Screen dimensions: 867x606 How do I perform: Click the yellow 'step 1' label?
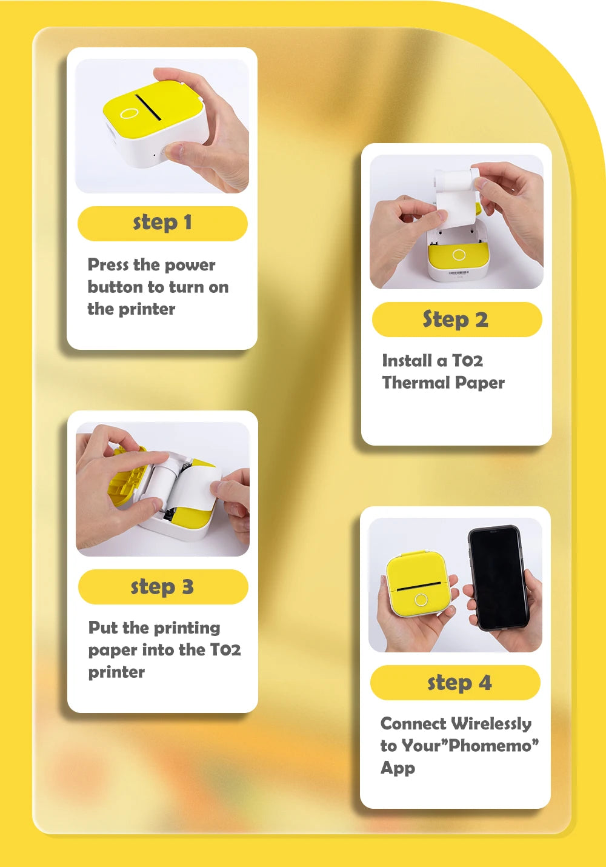(162, 223)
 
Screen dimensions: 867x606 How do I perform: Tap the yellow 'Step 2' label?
(456, 320)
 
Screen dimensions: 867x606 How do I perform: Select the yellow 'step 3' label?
(162, 587)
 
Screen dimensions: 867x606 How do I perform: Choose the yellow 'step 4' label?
(456, 683)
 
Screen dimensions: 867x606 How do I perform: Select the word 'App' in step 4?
(398, 768)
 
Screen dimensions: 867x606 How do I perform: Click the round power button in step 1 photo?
(128, 113)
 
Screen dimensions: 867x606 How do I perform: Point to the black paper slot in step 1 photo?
(147, 105)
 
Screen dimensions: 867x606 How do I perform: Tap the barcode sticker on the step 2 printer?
(459, 274)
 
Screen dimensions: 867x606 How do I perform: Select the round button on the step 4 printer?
(421, 600)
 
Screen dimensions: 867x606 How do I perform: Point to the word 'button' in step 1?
(115, 287)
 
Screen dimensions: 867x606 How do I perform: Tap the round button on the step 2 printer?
(459, 255)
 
